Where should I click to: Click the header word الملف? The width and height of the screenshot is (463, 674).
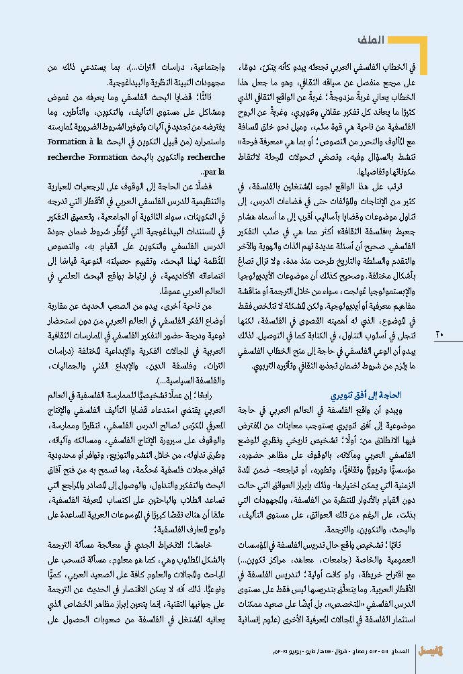point(390,40)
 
